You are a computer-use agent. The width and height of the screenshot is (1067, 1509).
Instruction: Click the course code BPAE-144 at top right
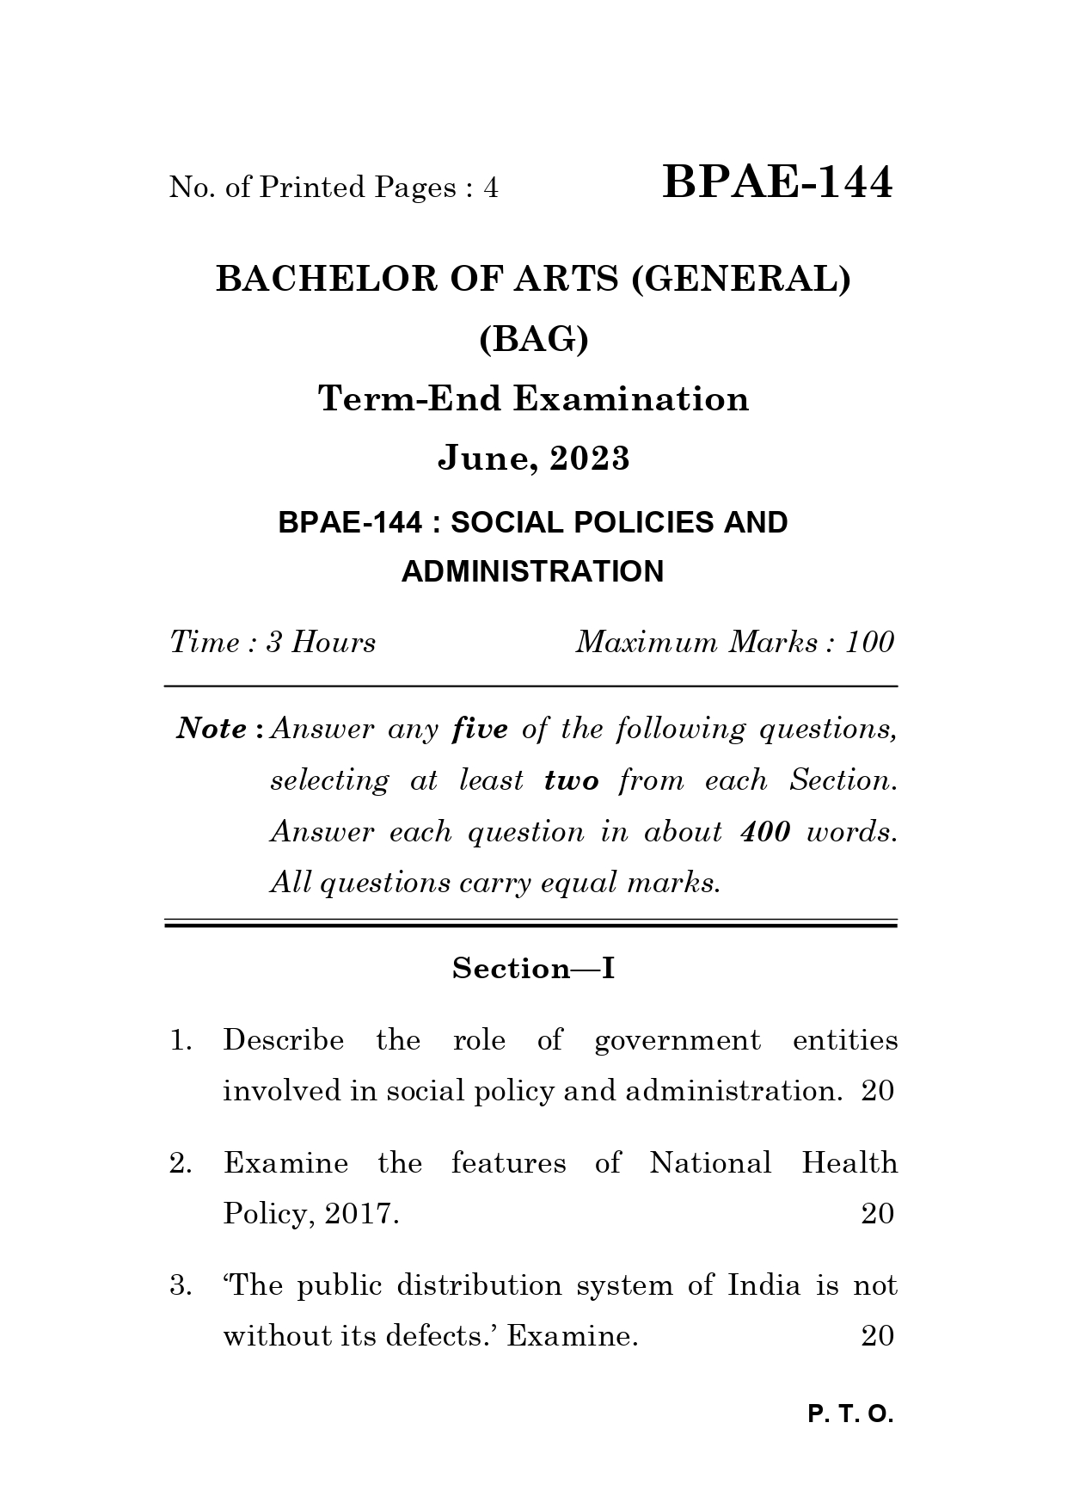[777, 183]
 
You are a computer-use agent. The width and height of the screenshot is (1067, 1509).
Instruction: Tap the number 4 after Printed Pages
[490, 187]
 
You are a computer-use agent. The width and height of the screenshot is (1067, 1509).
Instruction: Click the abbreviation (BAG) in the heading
[533, 341]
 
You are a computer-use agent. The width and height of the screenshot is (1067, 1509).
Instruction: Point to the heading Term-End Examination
[533, 399]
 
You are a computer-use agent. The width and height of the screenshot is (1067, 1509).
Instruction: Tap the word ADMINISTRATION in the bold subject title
[532, 572]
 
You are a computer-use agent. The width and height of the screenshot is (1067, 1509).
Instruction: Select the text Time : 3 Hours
[273, 642]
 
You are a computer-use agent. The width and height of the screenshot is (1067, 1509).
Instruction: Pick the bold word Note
[212, 729]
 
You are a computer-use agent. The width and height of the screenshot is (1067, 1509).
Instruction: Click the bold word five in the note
[480, 729]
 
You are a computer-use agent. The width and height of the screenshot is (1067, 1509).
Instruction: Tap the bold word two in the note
[572, 780]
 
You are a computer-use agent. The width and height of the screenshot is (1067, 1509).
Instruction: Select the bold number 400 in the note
[764, 832]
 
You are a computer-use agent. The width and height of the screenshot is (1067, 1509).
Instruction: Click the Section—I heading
[533, 969]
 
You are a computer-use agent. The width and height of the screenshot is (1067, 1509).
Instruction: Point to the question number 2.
[180, 1163]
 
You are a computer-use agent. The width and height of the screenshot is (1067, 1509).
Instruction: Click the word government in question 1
[678, 1040]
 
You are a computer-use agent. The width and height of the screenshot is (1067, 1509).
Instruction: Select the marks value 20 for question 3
[877, 1336]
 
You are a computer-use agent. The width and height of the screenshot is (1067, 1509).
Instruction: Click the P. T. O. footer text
[850, 1414]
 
